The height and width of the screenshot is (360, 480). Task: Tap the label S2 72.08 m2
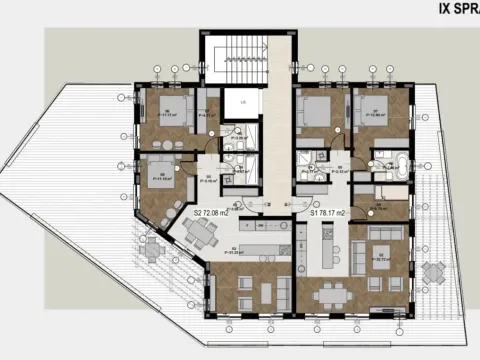pyautogui.click(x=212, y=212)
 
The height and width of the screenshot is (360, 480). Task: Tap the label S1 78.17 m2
pyautogui.click(x=328, y=212)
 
